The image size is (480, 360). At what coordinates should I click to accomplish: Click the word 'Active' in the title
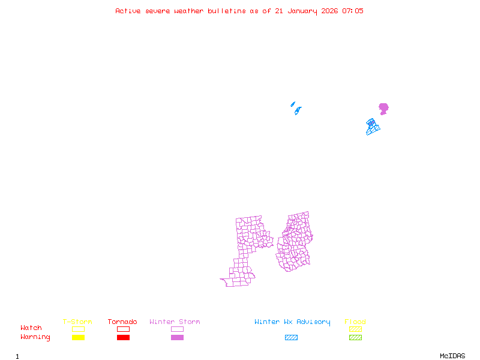[x=128, y=11]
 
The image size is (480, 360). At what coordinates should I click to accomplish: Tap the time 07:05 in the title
[x=352, y=11]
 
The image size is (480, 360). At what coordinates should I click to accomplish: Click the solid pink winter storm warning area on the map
[x=383, y=109]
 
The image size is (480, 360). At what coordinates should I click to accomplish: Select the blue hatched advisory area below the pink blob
[x=373, y=127]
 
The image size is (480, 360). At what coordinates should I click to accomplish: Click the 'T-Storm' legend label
[x=77, y=322]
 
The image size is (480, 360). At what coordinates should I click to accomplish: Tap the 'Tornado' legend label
[x=122, y=322]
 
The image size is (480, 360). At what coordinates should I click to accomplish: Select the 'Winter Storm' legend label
[x=175, y=322]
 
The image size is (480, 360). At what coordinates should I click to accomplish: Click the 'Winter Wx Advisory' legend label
[x=292, y=322]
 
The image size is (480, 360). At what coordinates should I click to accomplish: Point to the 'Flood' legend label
[x=355, y=322]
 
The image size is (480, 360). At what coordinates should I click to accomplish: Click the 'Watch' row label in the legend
[x=31, y=328]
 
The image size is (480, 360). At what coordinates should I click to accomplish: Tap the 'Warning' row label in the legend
[x=35, y=337]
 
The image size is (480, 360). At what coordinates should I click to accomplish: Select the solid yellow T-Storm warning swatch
[x=78, y=338]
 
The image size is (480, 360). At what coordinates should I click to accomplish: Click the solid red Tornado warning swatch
[x=123, y=338]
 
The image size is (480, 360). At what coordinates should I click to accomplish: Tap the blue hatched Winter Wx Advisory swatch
[x=291, y=338]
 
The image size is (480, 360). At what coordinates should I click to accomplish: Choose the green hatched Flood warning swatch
[x=355, y=338]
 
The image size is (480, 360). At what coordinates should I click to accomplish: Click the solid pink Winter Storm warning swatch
[x=177, y=338]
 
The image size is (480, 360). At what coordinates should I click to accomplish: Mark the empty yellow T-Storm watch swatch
[x=78, y=329]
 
